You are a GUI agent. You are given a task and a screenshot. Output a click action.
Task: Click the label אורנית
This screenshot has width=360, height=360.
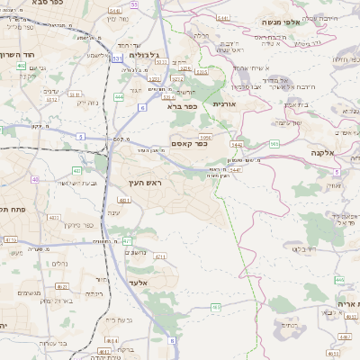(x=223, y=104)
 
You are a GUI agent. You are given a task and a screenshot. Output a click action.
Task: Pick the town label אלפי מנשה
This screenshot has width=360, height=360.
(x=281, y=21)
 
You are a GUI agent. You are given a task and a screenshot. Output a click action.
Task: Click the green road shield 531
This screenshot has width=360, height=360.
(x=118, y=58)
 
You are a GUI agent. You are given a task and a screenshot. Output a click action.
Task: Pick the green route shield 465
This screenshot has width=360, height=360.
(x=216, y=308)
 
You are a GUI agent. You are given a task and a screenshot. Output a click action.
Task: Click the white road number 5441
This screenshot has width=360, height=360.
(x=223, y=17)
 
